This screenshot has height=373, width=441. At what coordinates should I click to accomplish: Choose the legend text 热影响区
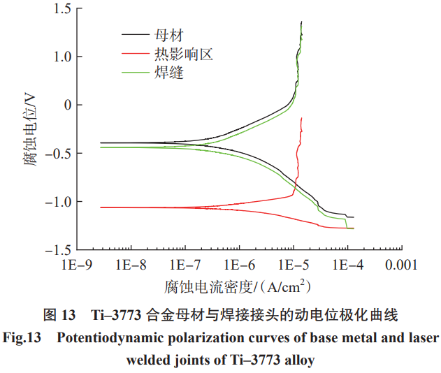tap(184, 53)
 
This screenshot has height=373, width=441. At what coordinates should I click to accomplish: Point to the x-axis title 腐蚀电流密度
tap(210, 287)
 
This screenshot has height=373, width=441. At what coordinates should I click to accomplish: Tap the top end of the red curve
tap(301, 118)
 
